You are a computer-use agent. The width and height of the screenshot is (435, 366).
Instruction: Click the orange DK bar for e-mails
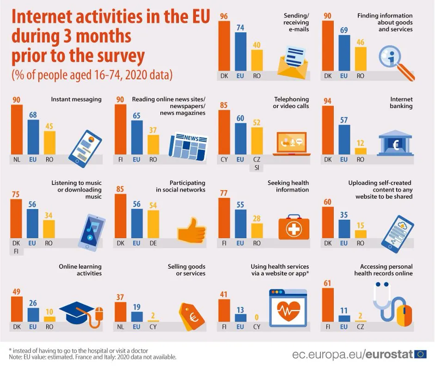click(224, 47)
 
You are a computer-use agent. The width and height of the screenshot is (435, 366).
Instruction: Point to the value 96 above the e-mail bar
click(224, 16)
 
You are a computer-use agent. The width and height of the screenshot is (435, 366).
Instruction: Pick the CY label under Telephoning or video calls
click(224, 160)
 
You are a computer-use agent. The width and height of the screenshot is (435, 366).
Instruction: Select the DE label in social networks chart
click(153, 243)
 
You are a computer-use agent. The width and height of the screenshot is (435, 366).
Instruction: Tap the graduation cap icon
click(79, 313)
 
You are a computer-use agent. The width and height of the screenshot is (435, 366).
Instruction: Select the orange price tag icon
click(191, 317)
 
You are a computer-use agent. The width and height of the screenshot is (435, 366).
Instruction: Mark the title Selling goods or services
click(187, 270)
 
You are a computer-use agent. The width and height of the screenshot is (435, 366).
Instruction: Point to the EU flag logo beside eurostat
click(420, 354)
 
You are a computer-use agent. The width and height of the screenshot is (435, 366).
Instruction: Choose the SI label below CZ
click(257, 168)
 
